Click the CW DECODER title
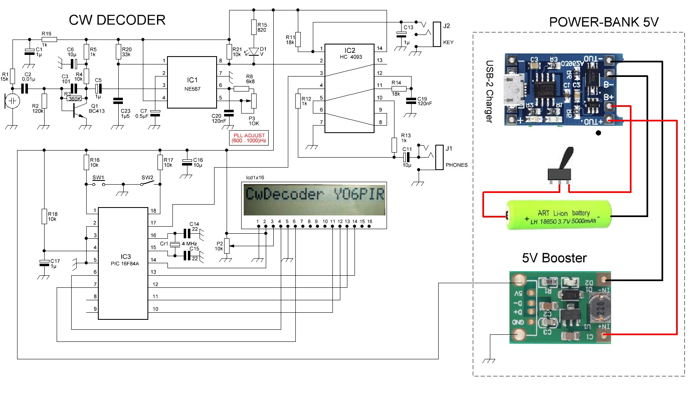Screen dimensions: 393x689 click(117, 20)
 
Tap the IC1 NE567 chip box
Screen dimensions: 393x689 click(192, 82)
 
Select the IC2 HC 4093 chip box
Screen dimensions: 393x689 click(349, 88)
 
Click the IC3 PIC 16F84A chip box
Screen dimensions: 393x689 click(123, 263)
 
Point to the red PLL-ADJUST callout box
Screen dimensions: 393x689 click(249, 138)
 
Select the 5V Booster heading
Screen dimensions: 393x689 click(554, 258)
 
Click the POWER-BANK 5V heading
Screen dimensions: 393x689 click(604, 22)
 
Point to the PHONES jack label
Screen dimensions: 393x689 click(456, 165)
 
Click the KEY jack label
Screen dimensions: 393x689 click(448, 42)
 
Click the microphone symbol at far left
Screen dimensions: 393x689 click(12, 101)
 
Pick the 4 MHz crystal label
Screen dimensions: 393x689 click(189, 244)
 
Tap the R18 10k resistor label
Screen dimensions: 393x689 click(52, 217)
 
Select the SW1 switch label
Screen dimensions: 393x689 click(98, 178)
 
